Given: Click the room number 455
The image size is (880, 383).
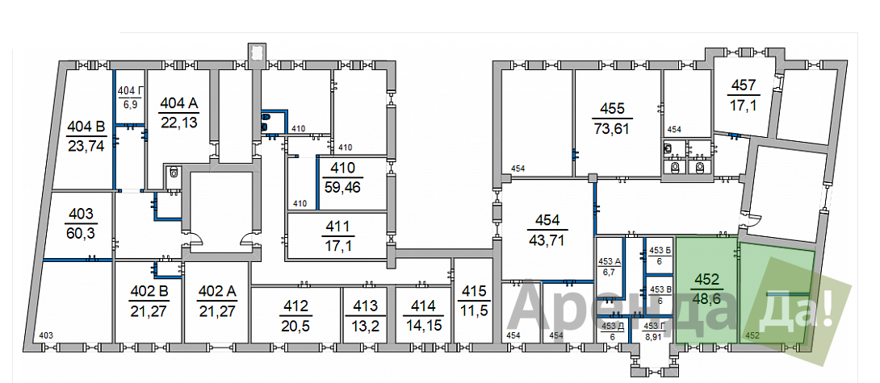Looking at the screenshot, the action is pos(612,109).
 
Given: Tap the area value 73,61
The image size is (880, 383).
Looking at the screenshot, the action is pos(612,129).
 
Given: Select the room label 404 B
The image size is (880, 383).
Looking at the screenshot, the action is pos(86,126).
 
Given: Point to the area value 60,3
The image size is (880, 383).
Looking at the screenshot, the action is pos(80,231).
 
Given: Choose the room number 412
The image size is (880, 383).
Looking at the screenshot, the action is pos(295,306).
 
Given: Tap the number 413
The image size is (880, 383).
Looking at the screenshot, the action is pos(364,306).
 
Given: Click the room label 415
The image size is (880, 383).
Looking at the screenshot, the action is pos(473,291).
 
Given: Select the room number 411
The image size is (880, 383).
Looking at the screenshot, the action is pos(337,226).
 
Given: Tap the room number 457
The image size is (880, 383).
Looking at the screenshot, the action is pos(744,85).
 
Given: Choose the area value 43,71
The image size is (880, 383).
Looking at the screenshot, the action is pos(547,240).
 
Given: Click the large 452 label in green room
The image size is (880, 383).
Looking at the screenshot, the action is pos(707,279).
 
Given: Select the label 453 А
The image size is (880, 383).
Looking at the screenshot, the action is pos(610,261).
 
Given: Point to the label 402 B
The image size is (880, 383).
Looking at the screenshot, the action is pos(149,292).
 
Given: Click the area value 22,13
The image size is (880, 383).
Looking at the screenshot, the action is pos(178,123).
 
